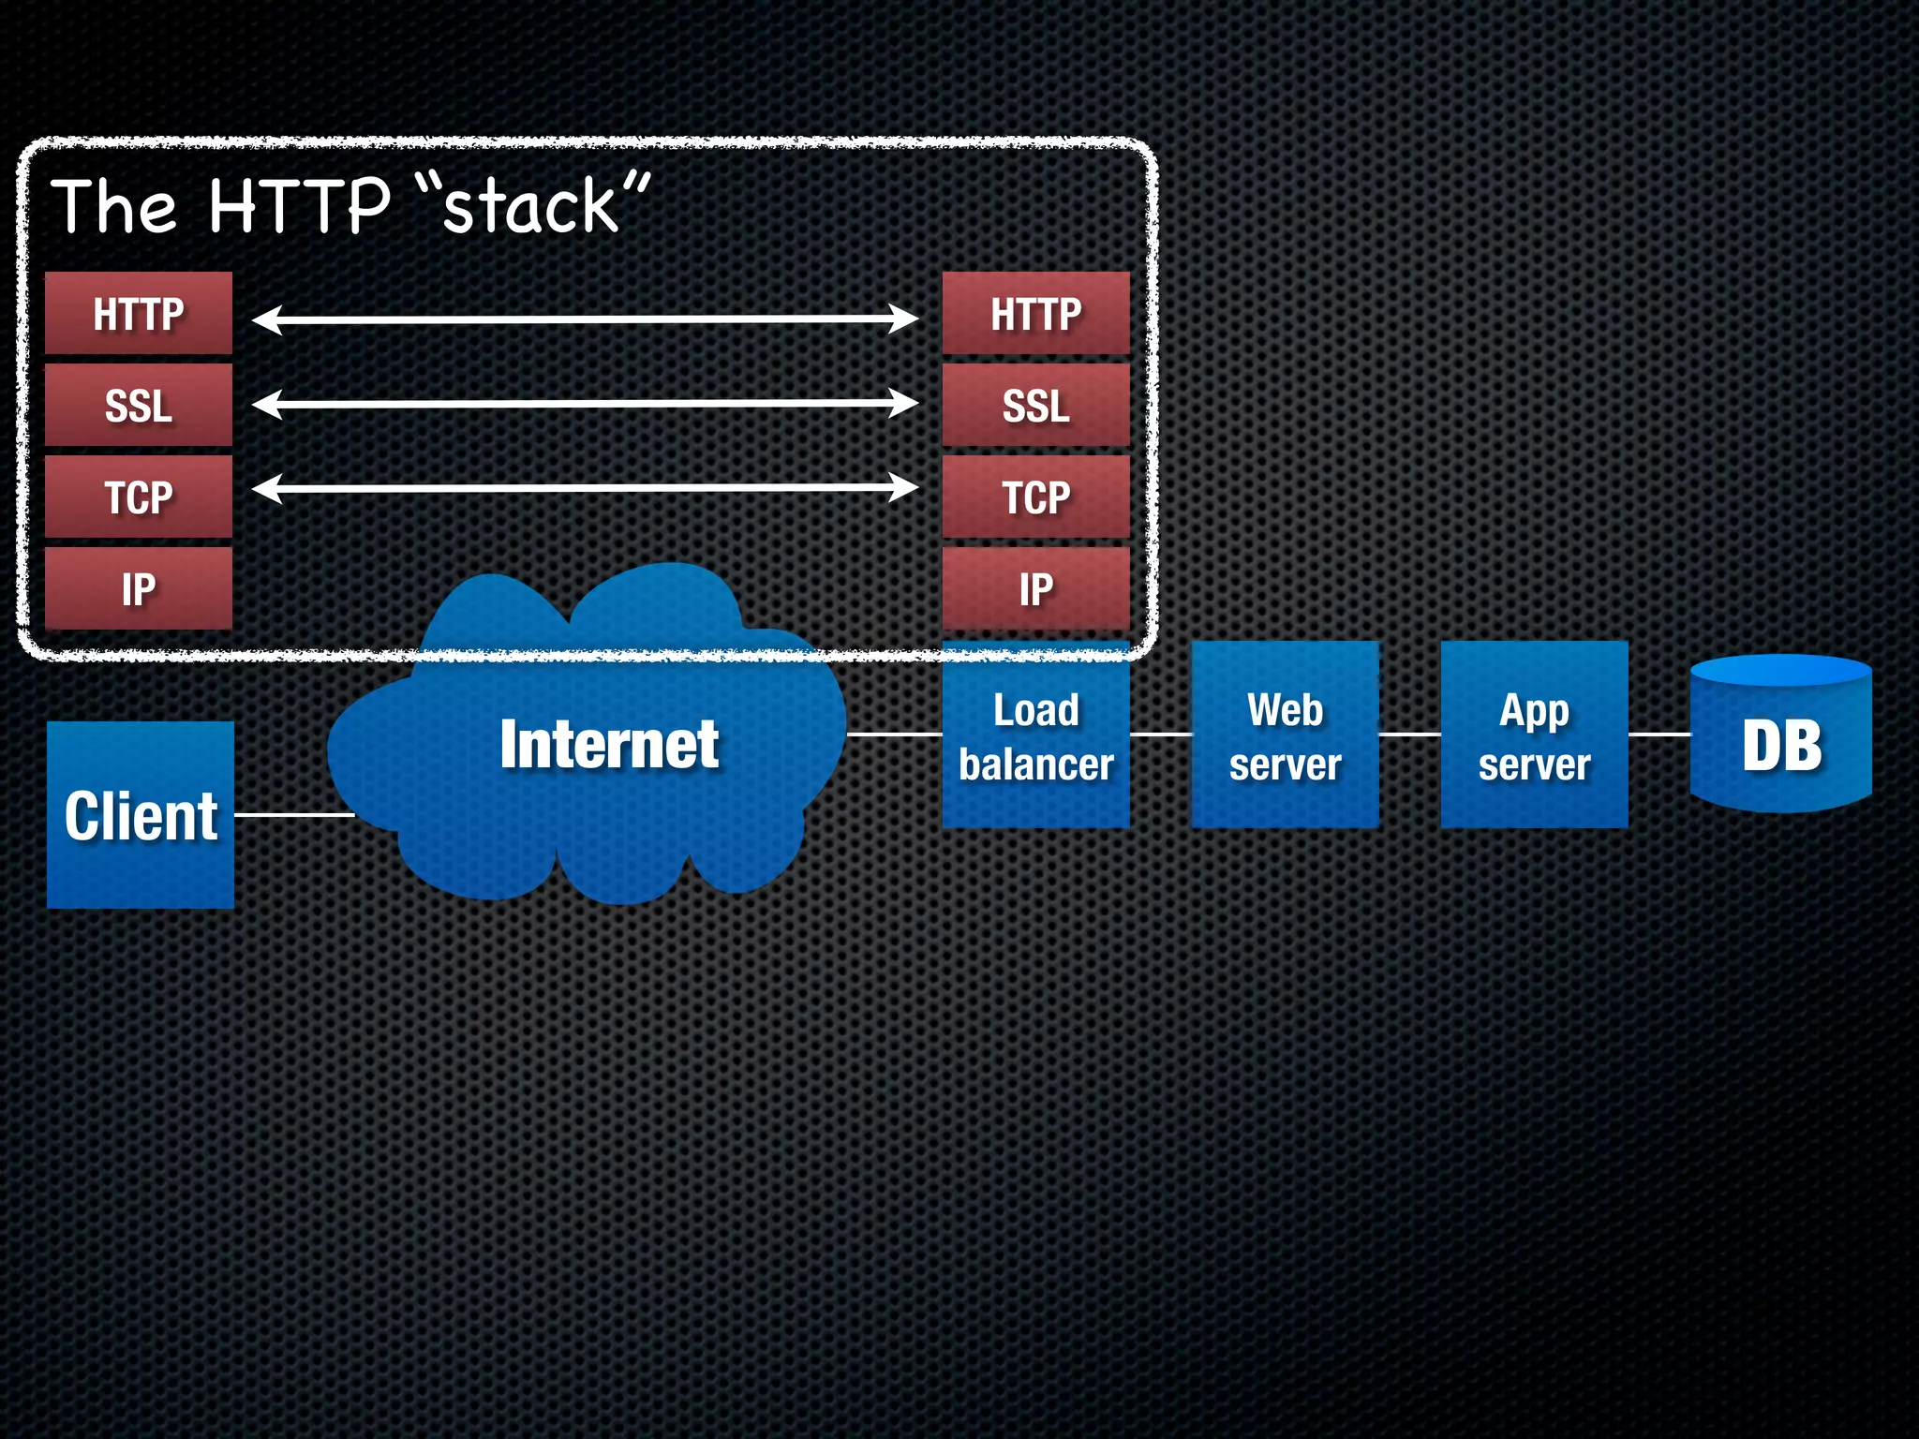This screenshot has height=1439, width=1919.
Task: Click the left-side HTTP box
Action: point(139,313)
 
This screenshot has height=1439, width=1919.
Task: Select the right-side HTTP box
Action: point(1035,313)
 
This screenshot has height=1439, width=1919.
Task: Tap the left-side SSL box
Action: point(139,405)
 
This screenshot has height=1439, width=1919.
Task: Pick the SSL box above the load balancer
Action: point(1035,405)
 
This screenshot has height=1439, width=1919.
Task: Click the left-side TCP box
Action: point(139,497)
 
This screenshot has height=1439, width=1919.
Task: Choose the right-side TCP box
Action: point(1035,497)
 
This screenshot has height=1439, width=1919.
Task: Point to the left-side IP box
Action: point(139,588)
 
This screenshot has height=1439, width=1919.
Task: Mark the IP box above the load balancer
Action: point(1035,588)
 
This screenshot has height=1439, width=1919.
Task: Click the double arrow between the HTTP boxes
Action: point(586,319)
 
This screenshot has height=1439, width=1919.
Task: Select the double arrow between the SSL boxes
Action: point(586,404)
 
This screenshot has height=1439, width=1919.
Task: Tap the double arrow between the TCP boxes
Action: point(586,488)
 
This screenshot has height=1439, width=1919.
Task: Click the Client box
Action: point(141,814)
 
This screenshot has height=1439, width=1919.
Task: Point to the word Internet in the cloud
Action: point(609,744)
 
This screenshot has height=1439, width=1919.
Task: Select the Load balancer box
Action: point(1035,736)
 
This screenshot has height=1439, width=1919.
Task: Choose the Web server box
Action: point(1285,736)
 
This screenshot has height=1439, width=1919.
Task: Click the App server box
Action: point(1534,736)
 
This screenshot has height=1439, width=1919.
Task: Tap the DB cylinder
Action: point(1780,740)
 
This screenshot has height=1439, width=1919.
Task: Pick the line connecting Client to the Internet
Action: point(292,815)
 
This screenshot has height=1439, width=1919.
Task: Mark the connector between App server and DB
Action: point(1659,734)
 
